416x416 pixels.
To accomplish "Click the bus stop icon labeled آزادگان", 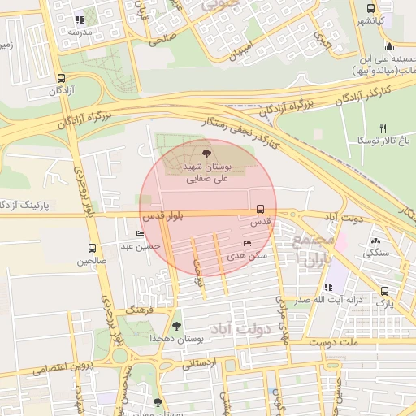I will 62,79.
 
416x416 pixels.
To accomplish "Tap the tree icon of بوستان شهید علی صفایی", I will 206,152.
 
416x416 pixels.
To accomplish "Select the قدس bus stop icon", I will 260,209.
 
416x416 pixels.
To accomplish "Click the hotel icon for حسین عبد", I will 140,234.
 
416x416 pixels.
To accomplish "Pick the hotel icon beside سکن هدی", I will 248,243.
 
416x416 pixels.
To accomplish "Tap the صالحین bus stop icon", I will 91,249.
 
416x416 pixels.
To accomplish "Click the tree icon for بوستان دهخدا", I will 176,325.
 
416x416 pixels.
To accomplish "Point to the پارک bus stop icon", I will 384,291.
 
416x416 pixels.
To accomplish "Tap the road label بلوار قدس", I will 163,215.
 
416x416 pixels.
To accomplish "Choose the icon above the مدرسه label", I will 79,19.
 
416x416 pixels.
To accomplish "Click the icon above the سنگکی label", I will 375,241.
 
